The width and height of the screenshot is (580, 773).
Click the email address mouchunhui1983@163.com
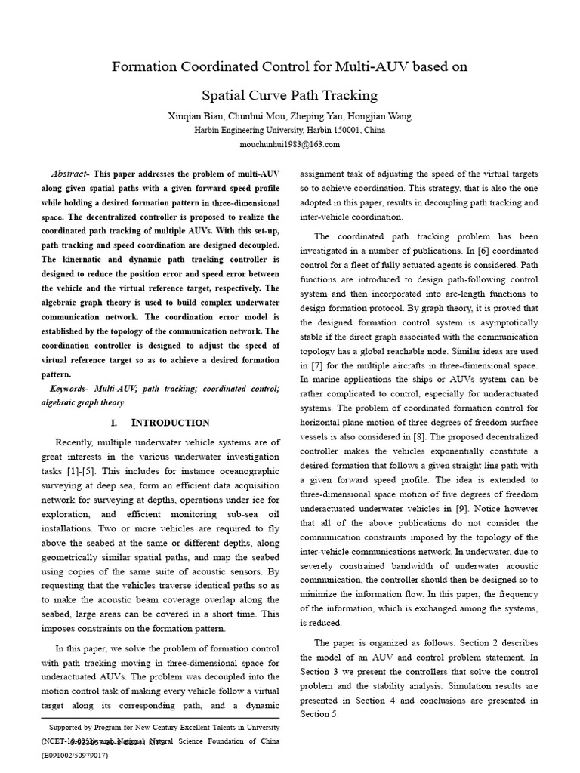(x=290, y=143)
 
